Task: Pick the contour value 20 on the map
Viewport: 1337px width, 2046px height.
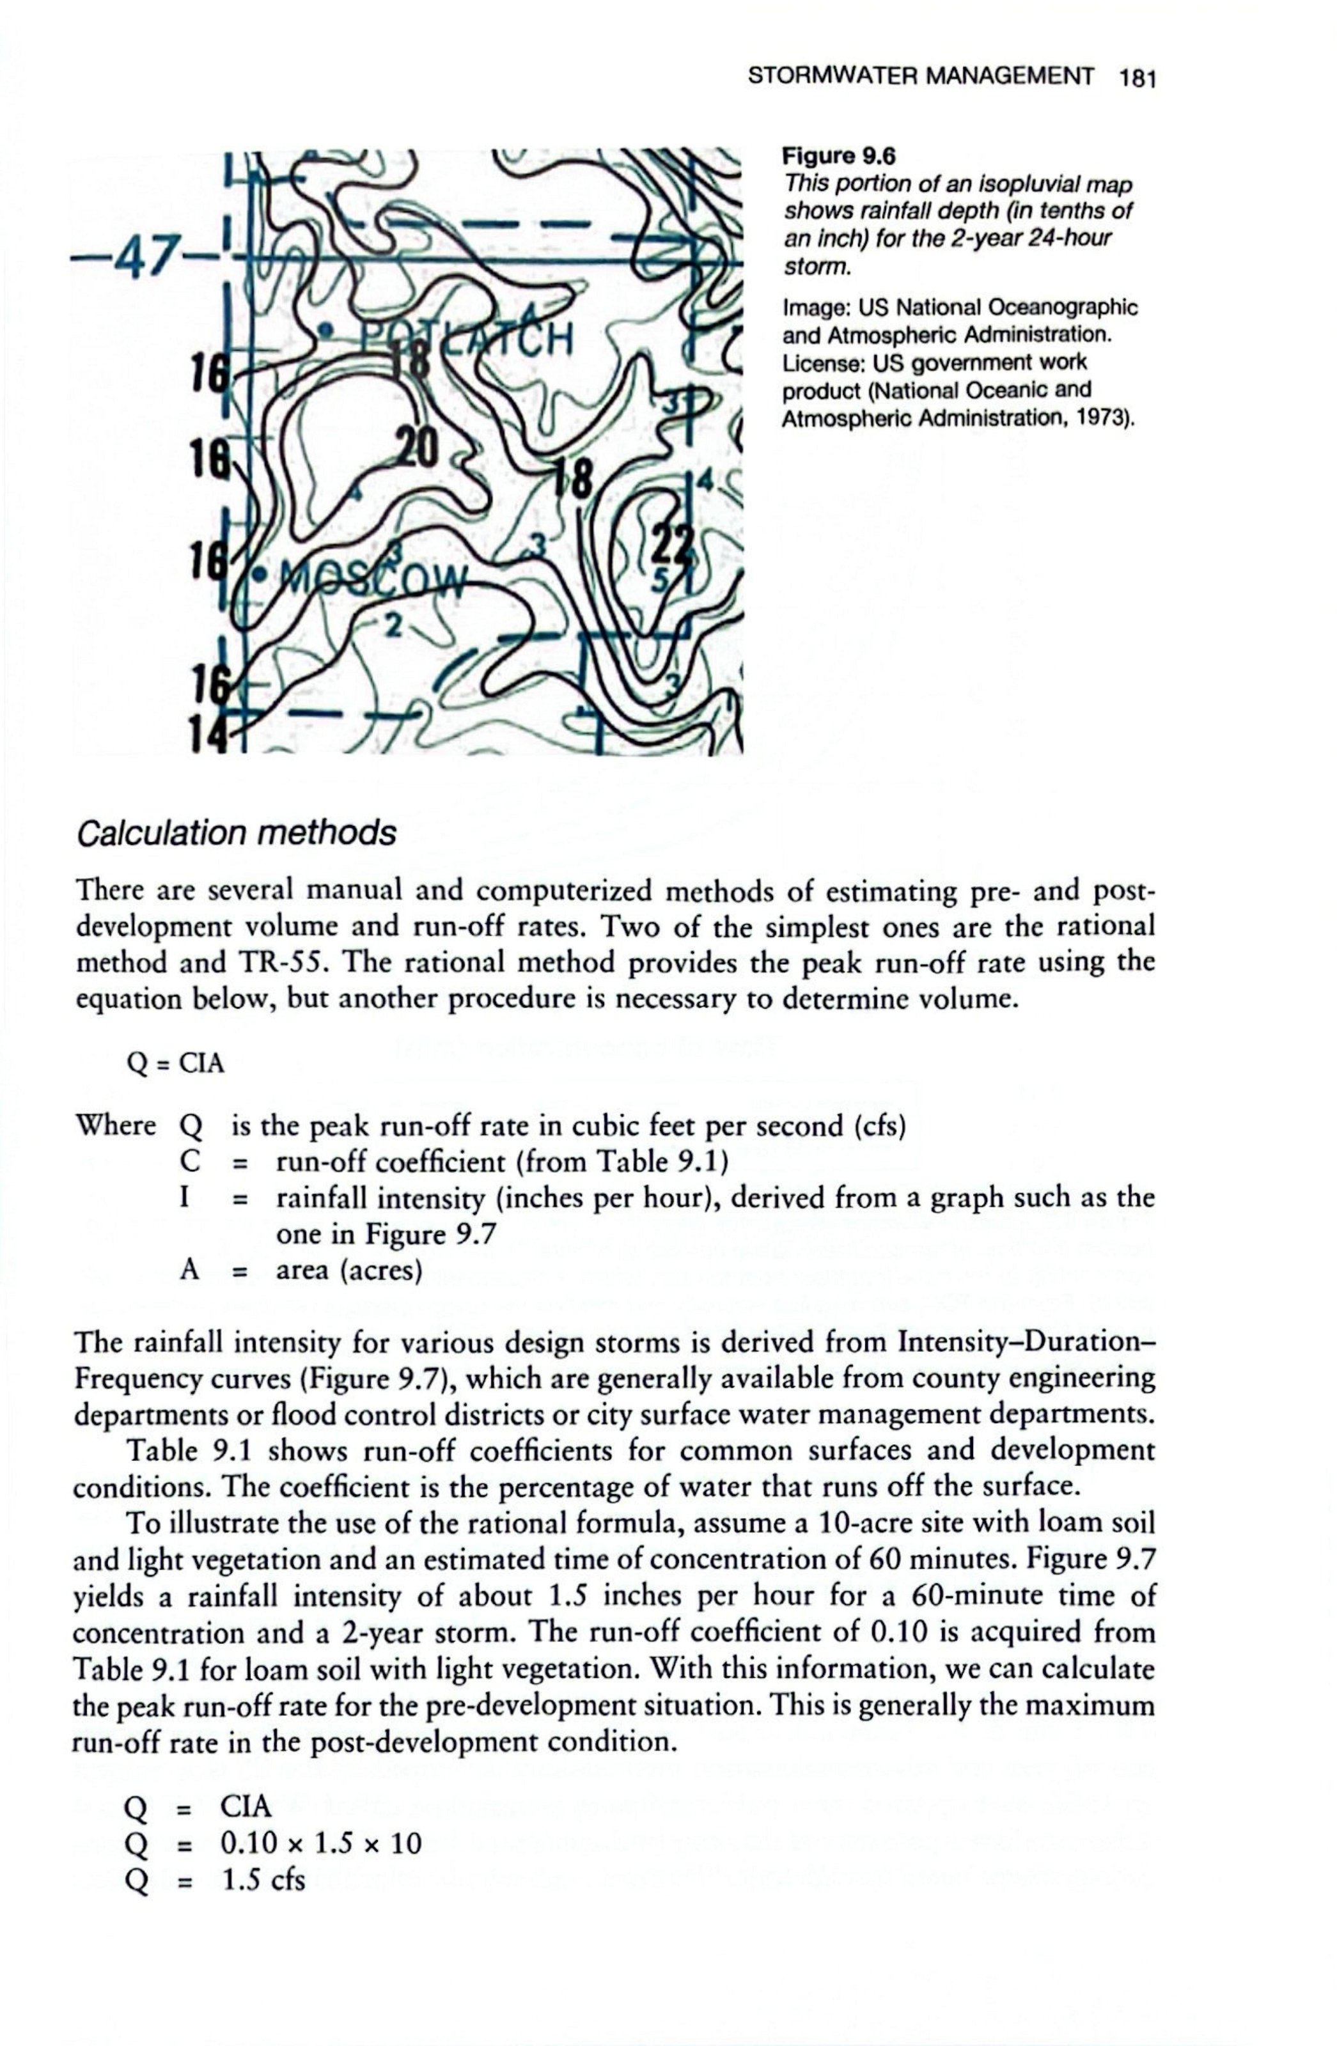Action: coord(416,447)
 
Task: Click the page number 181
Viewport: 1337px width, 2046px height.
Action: coord(1136,78)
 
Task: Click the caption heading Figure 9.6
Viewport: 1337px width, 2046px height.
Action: coord(838,157)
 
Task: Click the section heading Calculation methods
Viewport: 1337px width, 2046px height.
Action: coord(237,833)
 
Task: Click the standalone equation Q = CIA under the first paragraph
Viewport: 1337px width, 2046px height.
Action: coord(175,1063)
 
